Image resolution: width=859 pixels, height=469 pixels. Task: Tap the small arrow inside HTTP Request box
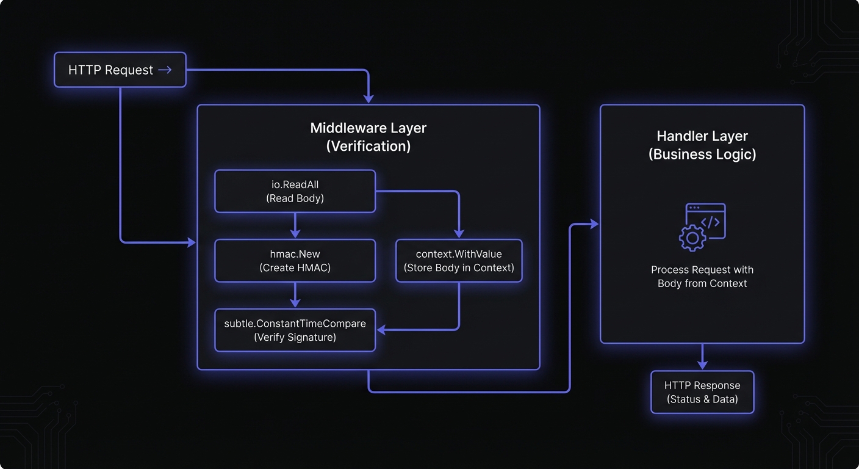[x=165, y=70]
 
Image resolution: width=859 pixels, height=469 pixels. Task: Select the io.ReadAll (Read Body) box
[x=295, y=191]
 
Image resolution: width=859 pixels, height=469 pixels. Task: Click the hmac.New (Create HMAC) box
[x=295, y=261]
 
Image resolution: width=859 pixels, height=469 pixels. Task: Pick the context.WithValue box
[x=459, y=261]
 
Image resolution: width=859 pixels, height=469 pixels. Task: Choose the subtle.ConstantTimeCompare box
[x=295, y=330]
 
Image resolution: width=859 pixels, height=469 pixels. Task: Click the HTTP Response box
[x=702, y=392]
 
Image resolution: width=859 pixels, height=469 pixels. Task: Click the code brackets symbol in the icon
[x=710, y=222]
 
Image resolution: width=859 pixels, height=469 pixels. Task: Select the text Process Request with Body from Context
[x=702, y=277]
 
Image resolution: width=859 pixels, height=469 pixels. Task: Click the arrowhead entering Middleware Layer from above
[x=368, y=98]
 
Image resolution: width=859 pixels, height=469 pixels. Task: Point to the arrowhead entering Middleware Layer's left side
[x=192, y=242]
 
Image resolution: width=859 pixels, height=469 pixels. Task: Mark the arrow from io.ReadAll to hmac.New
[x=295, y=225]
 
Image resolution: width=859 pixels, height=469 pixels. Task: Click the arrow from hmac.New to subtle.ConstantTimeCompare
[x=295, y=295]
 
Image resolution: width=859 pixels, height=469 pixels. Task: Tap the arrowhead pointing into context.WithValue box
[x=459, y=233]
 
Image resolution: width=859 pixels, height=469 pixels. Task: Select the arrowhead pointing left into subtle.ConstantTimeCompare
[x=382, y=330]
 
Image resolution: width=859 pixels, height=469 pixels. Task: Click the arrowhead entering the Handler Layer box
[x=594, y=225]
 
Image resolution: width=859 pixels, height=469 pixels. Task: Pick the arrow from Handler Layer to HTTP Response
[x=702, y=357]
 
